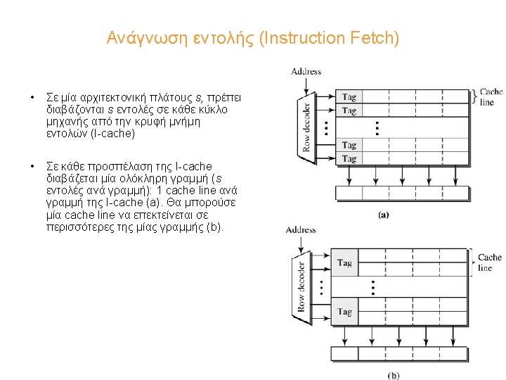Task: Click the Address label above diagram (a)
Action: tap(306, 71)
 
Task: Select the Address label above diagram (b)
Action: tap(300, 229)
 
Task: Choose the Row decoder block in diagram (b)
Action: tap(301, 287)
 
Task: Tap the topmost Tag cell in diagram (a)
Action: tap(349, 97)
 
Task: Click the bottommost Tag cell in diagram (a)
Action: tap(349, 159)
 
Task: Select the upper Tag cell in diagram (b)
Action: tap(344, 262)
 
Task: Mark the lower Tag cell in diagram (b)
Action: tap(344, 312)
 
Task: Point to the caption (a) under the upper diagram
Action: tap(384, 215)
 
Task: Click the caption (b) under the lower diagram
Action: tap(394, 375)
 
